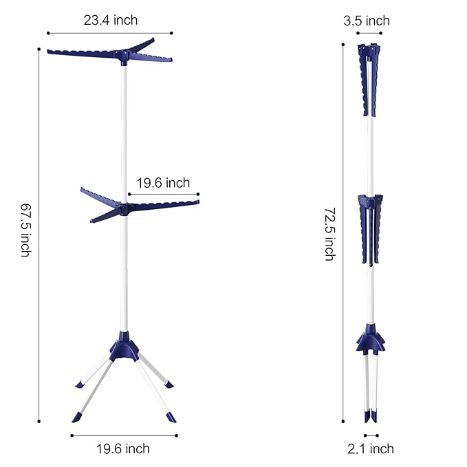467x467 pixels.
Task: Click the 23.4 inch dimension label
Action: point(111,20)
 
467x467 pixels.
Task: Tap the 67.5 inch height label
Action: point(26,230)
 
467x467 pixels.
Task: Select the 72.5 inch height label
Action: point(329,234)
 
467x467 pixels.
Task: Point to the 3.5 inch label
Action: point(367,21)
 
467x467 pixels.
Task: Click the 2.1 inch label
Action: point(371,448)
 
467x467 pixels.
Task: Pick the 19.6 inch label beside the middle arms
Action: point(163,183)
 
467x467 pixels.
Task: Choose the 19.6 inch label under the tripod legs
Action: point(122,448)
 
